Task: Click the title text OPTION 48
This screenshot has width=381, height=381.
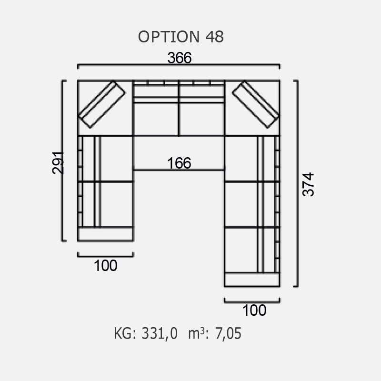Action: click(181, 37)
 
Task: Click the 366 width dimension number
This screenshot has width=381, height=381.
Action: click(180, 58)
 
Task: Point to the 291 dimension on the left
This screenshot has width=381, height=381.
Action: click(58, 163)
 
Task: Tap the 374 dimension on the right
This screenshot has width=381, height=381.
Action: click(308, 184)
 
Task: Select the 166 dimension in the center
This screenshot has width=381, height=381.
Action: click(179, 163)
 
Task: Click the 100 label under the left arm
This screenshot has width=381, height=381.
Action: click(105, 266)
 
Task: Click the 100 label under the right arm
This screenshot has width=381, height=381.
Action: click(254, 311)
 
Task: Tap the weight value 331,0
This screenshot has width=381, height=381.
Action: click(160, 333)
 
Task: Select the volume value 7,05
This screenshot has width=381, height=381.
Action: click(229, 333)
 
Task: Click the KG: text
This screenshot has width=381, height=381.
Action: click(125, 333)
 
